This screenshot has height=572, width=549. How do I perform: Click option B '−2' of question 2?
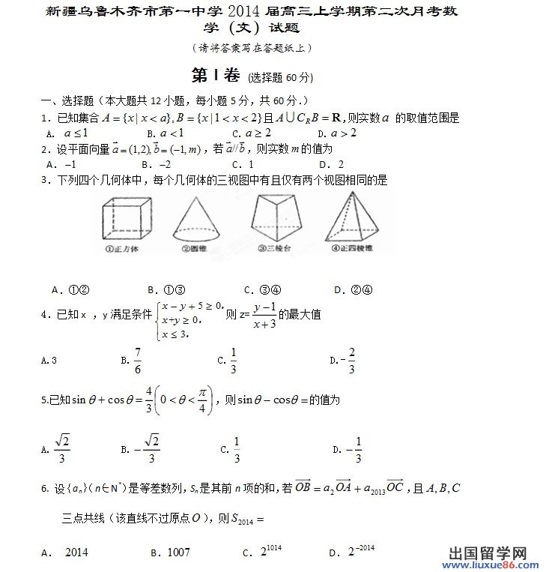(162, 164)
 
